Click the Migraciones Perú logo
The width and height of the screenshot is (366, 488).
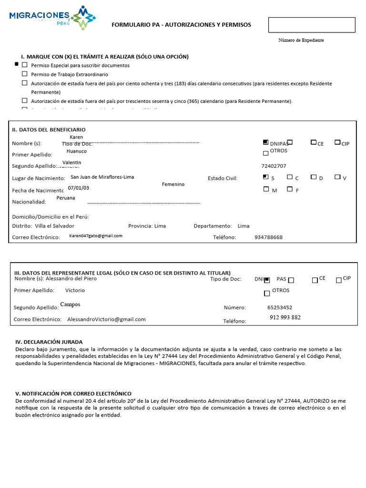coord(52,18)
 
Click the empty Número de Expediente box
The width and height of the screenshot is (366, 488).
coord(312,25)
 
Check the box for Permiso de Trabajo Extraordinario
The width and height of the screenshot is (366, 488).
coord(25,74)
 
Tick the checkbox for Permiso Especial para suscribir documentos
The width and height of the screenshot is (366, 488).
coord(25,65)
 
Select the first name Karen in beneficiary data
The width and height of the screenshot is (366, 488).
coord(76,137)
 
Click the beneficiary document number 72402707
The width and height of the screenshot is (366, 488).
coord(274,166)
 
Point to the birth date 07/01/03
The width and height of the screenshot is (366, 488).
coord(78,188)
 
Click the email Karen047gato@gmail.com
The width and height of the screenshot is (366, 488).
coord(95,236)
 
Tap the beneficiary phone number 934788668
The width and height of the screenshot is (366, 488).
coord(268,237)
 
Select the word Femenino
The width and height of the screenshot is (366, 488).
coord(173,184)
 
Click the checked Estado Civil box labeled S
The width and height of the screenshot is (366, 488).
coord(265,177)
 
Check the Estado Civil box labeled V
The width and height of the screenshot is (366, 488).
coord(337,177)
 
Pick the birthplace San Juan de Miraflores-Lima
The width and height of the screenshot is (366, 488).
coord(102,177)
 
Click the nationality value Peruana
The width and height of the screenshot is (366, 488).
coord(66,198)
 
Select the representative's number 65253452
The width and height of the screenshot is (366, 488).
coord(280,308)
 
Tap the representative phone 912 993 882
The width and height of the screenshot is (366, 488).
coord(285,317)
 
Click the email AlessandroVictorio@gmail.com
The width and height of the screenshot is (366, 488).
coord(106,319)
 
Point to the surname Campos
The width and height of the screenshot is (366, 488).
coord(70,305)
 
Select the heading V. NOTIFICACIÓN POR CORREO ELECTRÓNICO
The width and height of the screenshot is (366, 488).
coord(73,394)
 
